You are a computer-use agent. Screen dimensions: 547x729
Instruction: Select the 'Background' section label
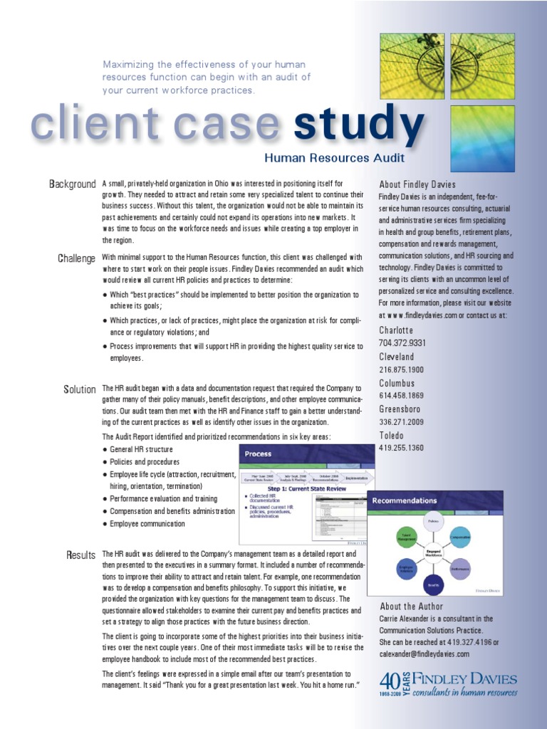click(x=72, y=184)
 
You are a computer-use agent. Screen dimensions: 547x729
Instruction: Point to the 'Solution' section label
click(x=80, y=389)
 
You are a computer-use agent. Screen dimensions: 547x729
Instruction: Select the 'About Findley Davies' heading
click(x=417, y=184)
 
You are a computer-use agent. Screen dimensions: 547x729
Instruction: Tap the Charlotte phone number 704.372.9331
click(x=402, y=343)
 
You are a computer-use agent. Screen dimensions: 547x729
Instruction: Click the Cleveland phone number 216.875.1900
click(x=402, y=369)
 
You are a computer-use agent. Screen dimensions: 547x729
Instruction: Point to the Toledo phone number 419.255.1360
click(x=402, y=448)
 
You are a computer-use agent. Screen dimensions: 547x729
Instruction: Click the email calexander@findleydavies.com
click(x=424, y=654)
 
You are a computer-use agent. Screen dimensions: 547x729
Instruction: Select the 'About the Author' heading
click(x=412, y=607)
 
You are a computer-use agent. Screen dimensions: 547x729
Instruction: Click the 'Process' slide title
click(x=258, y=453)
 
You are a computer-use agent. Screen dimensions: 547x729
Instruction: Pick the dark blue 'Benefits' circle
click(x=432, y=584)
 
